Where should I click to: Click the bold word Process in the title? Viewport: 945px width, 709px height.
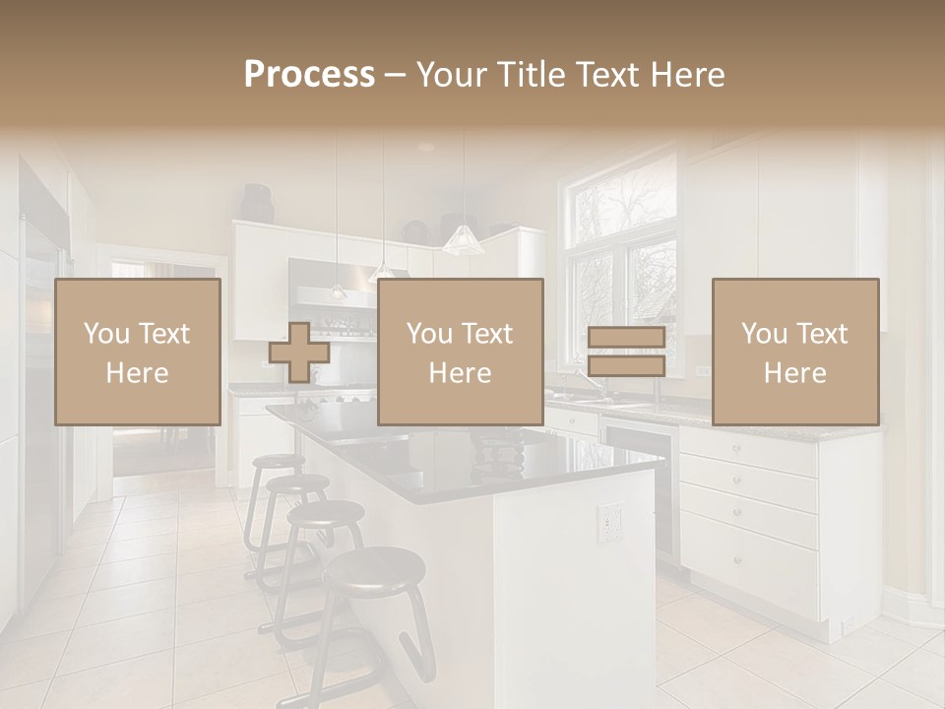(309, 75)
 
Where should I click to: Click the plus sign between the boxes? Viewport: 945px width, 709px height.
(299, 352)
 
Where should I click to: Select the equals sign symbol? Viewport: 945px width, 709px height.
(626, 352)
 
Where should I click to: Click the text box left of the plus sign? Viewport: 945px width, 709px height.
(138, 352)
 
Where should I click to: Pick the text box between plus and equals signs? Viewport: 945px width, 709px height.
(461, 352)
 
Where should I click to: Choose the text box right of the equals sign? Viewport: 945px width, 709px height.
(795, 352)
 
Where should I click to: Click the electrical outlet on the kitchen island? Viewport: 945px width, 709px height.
(610, 522)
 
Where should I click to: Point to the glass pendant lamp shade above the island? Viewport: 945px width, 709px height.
(462, 239)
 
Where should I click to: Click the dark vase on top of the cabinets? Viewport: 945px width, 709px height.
(258, 204)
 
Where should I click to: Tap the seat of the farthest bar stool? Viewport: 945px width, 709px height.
(278, 460)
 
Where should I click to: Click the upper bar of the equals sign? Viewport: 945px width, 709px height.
(626, 338)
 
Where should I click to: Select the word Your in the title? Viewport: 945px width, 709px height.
(449, 75)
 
